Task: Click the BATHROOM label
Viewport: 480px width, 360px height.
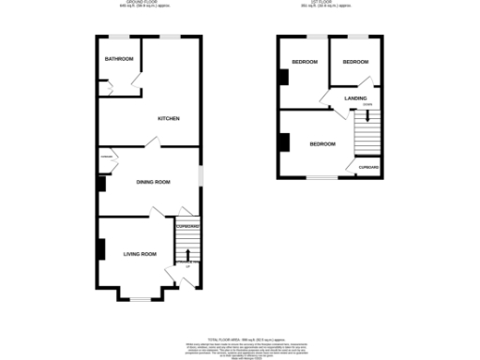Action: coord(119,60)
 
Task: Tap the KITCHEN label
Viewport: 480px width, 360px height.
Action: coord(169,119)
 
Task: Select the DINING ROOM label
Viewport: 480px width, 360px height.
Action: coord(153,182)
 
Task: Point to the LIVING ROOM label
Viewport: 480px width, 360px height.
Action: coord(140,253)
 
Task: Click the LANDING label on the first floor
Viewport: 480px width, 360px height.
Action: coord(354,97)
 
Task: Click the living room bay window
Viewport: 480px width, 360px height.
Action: coord(140,299)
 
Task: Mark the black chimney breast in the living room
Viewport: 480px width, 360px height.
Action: coord(98,250)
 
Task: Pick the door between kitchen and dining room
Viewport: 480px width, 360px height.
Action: coord(150,142)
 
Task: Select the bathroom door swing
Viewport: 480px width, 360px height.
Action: coord(110,87)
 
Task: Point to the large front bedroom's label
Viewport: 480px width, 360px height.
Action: coord(322,143)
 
